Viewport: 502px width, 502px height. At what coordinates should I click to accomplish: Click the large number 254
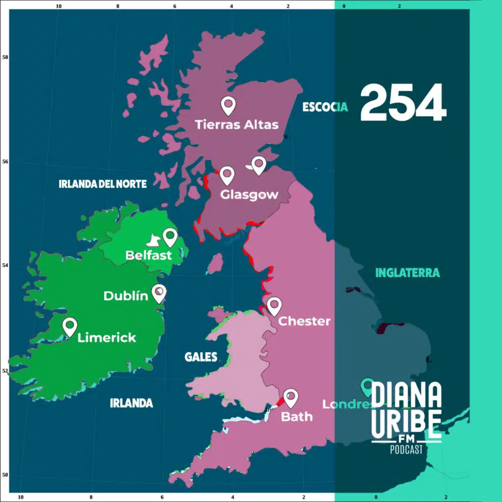(403, 103)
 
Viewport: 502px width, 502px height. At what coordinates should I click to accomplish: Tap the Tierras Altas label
(237, 125)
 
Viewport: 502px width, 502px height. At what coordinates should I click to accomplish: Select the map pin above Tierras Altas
(228, 105)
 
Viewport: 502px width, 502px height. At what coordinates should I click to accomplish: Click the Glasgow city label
(249, 195)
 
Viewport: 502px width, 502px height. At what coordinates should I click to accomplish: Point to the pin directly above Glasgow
(227, 175)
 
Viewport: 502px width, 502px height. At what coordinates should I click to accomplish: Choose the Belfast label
(149, 255)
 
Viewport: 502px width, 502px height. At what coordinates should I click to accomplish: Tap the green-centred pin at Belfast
(170, 237)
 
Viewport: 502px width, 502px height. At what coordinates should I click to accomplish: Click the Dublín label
(125, 296)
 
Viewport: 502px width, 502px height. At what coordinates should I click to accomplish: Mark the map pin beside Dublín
(159, 293)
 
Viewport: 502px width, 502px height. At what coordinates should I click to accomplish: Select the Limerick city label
(107, 338)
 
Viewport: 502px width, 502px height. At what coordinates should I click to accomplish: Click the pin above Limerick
(70, 326)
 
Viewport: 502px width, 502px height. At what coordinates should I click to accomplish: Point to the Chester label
(304, 322)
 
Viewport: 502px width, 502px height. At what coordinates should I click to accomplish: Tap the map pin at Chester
(274, 305)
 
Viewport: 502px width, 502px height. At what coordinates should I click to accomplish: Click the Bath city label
(297, 417)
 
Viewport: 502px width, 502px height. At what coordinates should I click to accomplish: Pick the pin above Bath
(291, 397)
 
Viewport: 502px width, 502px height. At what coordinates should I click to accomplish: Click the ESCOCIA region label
(325, 107)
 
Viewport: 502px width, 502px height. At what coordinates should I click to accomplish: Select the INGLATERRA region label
(407, 273)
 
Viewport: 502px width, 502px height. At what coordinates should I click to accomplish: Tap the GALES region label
(201, 357)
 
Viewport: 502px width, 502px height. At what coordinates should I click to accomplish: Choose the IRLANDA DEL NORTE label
(102, 184)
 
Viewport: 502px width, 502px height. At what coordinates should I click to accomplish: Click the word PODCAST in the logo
(406, 450)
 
